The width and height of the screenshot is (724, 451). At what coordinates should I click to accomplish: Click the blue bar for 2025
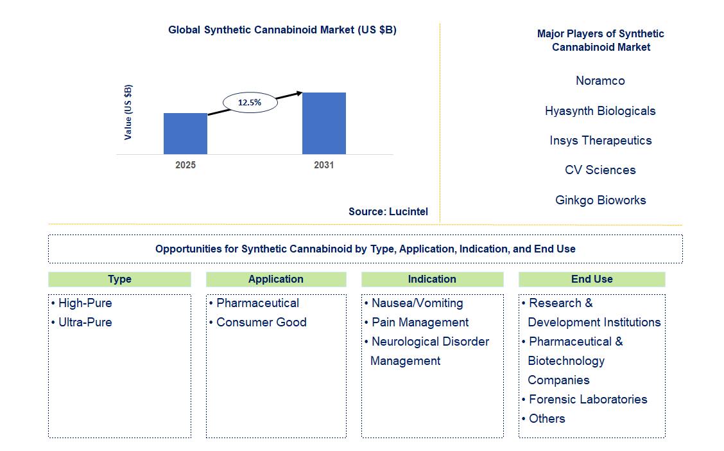(x=185, y=134)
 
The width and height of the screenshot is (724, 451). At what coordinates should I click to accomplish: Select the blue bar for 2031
(x=324, y=123)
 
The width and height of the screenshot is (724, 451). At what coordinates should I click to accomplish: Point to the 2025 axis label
(x=185, y=165)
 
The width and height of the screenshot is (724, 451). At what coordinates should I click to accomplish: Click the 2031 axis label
(x=324, y=165)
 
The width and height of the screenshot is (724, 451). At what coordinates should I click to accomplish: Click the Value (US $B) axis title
(x=128, y=112)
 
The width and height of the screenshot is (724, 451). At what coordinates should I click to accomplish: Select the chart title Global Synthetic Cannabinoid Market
(x=282, y=30)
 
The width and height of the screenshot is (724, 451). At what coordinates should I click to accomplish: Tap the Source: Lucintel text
(x=388, y=211)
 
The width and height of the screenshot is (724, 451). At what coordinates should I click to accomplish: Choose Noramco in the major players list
(x=600, y=81)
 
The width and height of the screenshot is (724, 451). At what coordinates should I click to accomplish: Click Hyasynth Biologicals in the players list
(x=600, y=111)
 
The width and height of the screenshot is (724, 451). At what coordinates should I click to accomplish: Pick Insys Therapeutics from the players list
(x=600, y=141)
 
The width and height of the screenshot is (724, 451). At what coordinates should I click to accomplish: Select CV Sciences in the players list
(x=600, y=170)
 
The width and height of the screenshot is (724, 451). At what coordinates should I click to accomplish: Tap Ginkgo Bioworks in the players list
(x=600, y=200)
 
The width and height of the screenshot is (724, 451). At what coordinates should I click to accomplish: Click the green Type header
(x=119, y=279)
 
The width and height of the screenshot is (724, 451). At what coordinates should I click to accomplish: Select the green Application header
(x=276, y=279)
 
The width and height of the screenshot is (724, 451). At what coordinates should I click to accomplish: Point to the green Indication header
(x=432, y=279)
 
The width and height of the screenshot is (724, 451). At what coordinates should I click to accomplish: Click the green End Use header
(x=592, y=279)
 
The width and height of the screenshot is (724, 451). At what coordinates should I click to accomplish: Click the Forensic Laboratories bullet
(x=588, y=400)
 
